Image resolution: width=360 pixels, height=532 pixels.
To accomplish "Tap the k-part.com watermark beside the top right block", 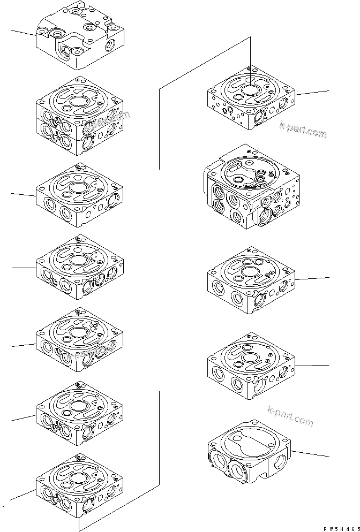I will [302, 130].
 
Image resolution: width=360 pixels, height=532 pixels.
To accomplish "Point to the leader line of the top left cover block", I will [24, 33].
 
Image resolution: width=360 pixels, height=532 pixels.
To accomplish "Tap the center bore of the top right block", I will [250, 91].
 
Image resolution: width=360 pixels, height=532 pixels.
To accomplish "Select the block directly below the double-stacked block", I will [79, 195].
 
